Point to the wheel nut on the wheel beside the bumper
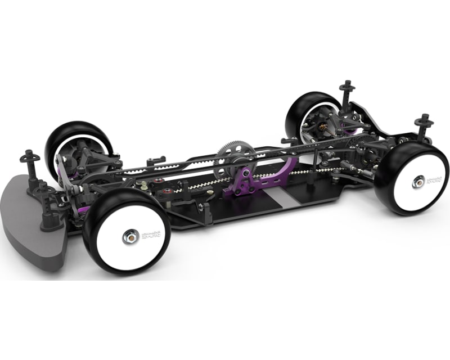click(x=128, y=237)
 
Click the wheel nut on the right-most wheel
click(x=419, y=181)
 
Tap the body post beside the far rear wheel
click(x=345, y=93)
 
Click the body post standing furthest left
click(x=29, y=160)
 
